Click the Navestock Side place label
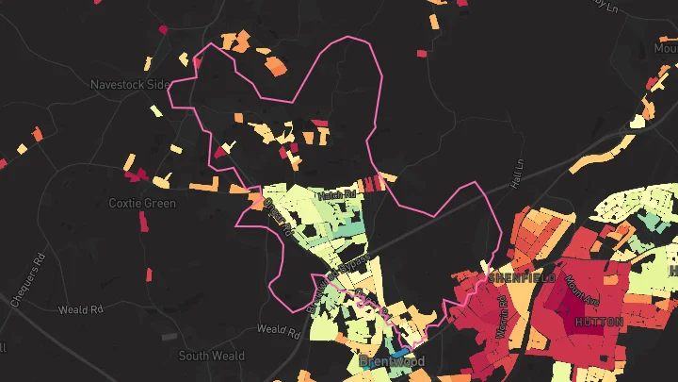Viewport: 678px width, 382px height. click(x=129, y=84)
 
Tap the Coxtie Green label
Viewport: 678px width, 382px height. click(x=142, y=203)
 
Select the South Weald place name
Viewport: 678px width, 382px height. click(x=212, y=356)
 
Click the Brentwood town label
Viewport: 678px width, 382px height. click(x=392, y=361)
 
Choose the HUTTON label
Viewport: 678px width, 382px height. click(x=597, y=322)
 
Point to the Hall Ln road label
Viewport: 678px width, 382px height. click(x=516, y=174)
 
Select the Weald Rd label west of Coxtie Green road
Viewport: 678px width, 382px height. click(x=80, y=309)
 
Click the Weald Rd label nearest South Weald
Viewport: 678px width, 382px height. click(x=278, y=331)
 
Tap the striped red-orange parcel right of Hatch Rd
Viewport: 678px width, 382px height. click(x=374, y=183)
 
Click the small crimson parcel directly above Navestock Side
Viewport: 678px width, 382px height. click(x=163, y=29)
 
